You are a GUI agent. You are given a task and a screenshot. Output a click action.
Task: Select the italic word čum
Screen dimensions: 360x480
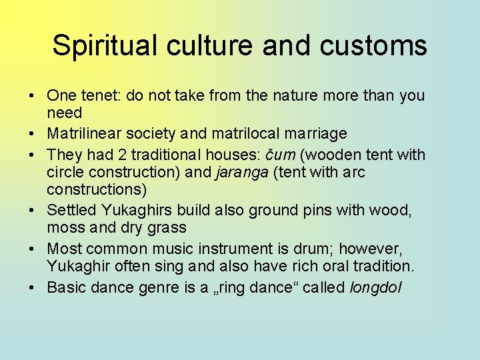click(280, 155)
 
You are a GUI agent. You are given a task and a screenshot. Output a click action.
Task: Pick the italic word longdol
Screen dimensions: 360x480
click(376, 288)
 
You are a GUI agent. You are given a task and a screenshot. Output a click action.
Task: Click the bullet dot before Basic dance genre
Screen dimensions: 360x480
click(32, 288)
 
